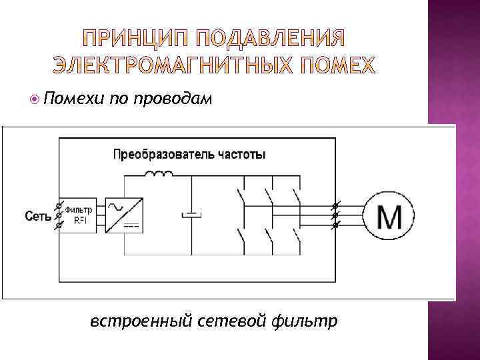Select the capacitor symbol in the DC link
(x=192, y=215)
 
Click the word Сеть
(x=38, y=215)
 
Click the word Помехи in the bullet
(x=72, y=99)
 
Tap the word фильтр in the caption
(x=305, y=321)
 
